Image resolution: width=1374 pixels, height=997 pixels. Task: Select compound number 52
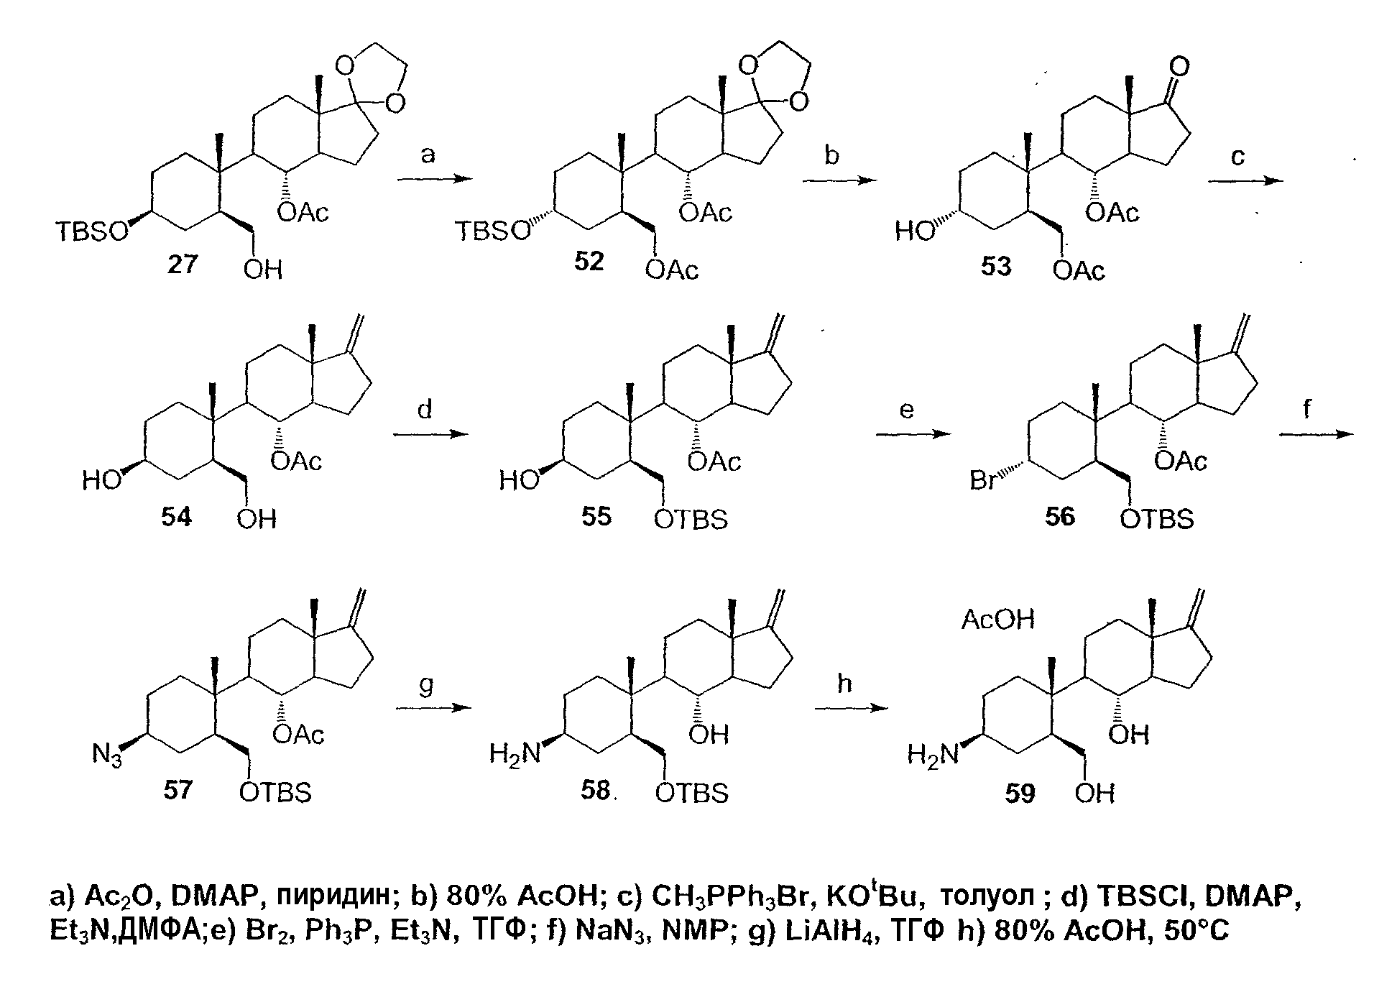click(589, 262)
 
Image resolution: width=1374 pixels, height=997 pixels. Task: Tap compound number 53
click(995, 266)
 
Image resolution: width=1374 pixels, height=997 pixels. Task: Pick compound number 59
click(1020, 794)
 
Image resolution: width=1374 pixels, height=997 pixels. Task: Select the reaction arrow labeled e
click(911, 434)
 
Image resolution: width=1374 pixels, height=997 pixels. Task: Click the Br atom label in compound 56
click(983, 479)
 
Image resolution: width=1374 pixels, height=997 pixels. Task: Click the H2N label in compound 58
click(515, 754)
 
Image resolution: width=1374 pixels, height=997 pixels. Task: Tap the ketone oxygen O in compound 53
click(1179, 68)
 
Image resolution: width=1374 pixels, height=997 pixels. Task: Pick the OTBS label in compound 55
click(691, 518)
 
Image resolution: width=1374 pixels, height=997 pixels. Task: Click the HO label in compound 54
click(101, 479)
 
